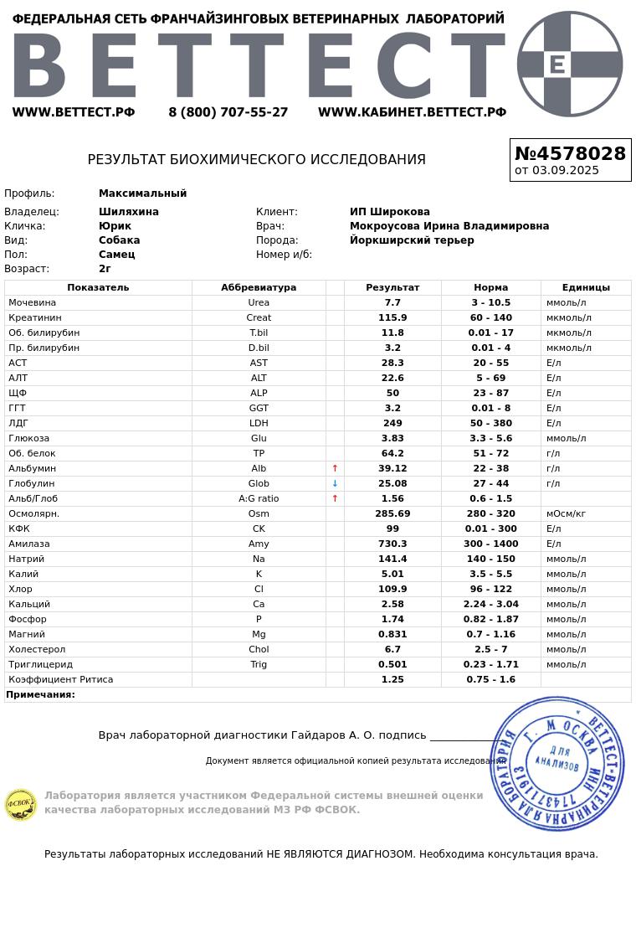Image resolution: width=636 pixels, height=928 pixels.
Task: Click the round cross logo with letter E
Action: [x=570, y=64]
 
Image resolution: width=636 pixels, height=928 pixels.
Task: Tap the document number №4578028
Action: [x=570, y=154]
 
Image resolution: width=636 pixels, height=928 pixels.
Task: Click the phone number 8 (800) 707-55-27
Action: [x=228, y=112]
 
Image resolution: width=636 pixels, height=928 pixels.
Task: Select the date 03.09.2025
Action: [x=565, y=171]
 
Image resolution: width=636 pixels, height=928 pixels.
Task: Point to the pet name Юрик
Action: [x=115, y=226]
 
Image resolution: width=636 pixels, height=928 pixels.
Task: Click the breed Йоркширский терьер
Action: [x=412, y=240]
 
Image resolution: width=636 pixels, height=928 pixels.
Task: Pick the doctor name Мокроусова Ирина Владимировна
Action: [x=449, y=226]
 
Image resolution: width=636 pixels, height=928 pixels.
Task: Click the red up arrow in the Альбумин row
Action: [x=335, y=469]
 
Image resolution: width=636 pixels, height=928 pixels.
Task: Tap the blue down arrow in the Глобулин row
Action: [x=335, y=484]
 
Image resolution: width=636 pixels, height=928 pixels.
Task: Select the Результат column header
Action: [x=392, y=287]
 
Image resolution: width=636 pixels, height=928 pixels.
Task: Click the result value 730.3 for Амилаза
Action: [x=392, y=544]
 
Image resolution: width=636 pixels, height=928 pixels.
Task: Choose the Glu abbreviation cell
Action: [x=259, y=439]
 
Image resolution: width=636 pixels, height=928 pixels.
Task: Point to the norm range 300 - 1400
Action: [x=491, y=544]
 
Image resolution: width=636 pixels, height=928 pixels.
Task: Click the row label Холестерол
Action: [x=37, y=650]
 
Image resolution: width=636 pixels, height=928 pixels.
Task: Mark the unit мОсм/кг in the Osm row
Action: [x=566, y=514]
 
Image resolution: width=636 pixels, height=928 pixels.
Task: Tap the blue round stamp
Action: [x=556, y=764]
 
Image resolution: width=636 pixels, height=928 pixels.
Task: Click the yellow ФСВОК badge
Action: [x=21, y=805]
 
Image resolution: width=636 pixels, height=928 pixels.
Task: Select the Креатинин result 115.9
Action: [x=392, y=318]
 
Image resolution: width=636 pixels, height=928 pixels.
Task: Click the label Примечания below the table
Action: [x=41, y=695]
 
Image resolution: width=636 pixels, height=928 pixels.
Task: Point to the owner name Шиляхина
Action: [x=129, y=212]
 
